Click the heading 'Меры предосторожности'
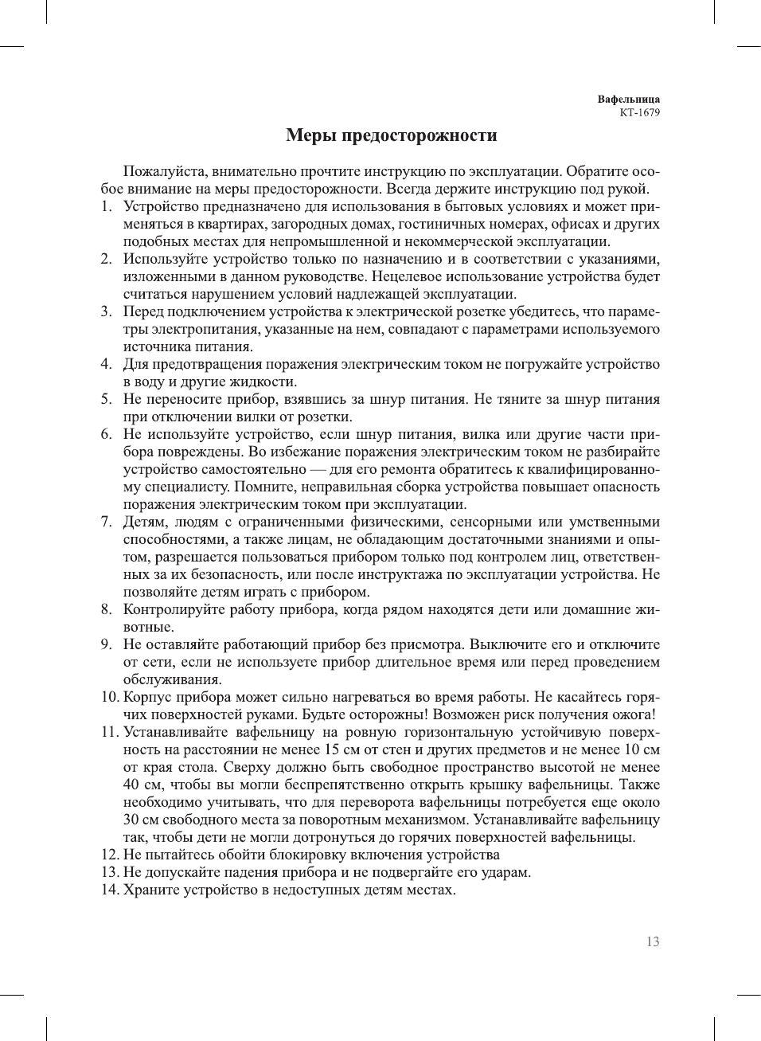(x=391, y=135)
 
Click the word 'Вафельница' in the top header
(x=628, y=100)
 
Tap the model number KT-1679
(x=639, y=112)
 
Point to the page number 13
(x=653, y=941)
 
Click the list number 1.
(x=106, y=206)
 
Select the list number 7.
(x=106, y=522)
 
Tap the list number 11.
(x=109, y=732)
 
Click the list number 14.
(x=109, y=890)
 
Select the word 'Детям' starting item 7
(x=143, y=522)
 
